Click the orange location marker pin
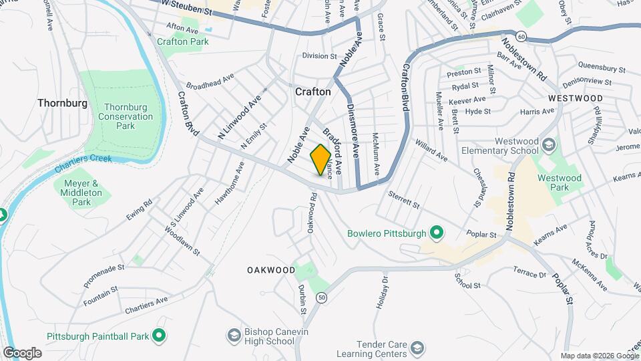(x=321, y=159)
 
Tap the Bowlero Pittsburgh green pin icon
(x=437, y=233)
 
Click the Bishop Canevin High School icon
(x=234, y=334)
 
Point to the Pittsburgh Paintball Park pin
(x=159, y=334)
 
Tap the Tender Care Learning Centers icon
(x=417, y=348)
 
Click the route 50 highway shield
(x=323, y=298)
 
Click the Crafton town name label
(x=312, y=92)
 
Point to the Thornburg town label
(x=63, y=103)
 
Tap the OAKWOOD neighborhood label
(x=270, y=270)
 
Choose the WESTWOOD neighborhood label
(x=575, y=98)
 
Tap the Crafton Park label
(x=183, y=41)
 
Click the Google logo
(x=22, y=353)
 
